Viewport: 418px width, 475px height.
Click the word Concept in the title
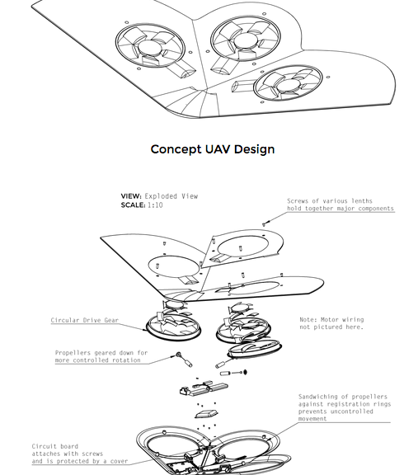pyautogui.click(x=176, y=149)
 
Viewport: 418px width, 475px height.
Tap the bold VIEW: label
pyautogui.click(x=131, y=196)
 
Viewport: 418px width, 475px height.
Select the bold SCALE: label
pyautogui.click(x=133, y=205)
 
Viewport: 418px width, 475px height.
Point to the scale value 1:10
pyautogui.click(x=155, y=205)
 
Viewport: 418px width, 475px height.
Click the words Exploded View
pyautogui.click(x=171, y=196)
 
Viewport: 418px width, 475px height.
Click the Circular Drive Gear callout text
pyautogui.click(x=85, y=320)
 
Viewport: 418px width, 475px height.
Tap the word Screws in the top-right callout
pyautogui.click(x=298, y=201)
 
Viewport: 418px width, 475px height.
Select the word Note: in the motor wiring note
pyautogui.click(x=308, y=319)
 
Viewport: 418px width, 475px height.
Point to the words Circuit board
pyautogui.click(x=54, y=446)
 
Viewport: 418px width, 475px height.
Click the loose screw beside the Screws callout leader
pyautogui.click(x=264, y=224)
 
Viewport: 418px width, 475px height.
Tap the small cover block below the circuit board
pyautogui.click(x=206, y=414)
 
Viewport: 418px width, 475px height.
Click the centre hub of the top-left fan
pyautogui.click(x=149, y=49)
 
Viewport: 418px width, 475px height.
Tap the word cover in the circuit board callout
pyautogui.click(x=119, y=461)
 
